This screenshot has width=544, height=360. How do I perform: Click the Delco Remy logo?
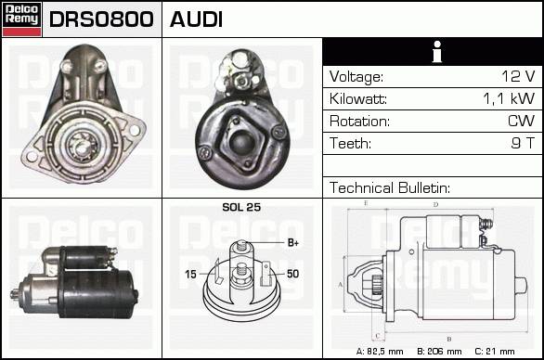pyautogui.click(x=21, y=19)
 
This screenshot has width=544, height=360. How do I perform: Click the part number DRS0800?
pyautogui.click(x=101, y=19)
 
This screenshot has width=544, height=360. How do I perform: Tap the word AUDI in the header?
pyautogui.click(x=196, y=19)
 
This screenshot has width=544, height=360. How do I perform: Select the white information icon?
pyautogui.click(x=437, y=52)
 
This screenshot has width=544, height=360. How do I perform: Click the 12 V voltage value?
pyautogui.click(x=518, y=76)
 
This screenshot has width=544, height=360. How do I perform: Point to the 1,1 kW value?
pyautogui.click(x=509, y=99)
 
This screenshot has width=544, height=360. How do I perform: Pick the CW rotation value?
pyautogui.click(x=522, y=121)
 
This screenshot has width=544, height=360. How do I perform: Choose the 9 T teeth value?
pyautogui.click(x=524, y=143)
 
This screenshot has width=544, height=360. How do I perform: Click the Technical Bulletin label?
pyautogui.click(x=390, y=188)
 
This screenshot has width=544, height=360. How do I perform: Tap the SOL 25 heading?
pyautogui.click(x=241, y=207)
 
